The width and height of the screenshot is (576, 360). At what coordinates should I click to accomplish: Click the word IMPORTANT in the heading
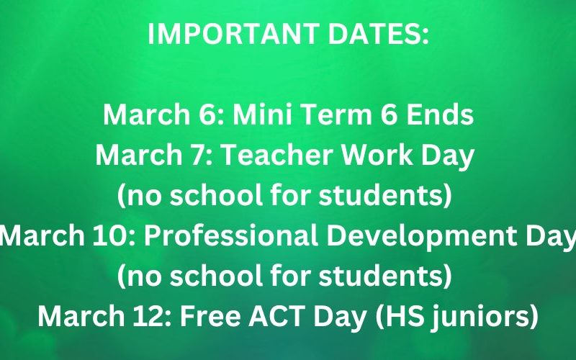point(233,34)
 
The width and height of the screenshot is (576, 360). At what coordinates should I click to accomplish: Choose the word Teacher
point(277,155)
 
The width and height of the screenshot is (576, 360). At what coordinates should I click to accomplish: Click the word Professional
point(230,235)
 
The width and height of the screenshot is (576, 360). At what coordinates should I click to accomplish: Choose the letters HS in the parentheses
point(399,316)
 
